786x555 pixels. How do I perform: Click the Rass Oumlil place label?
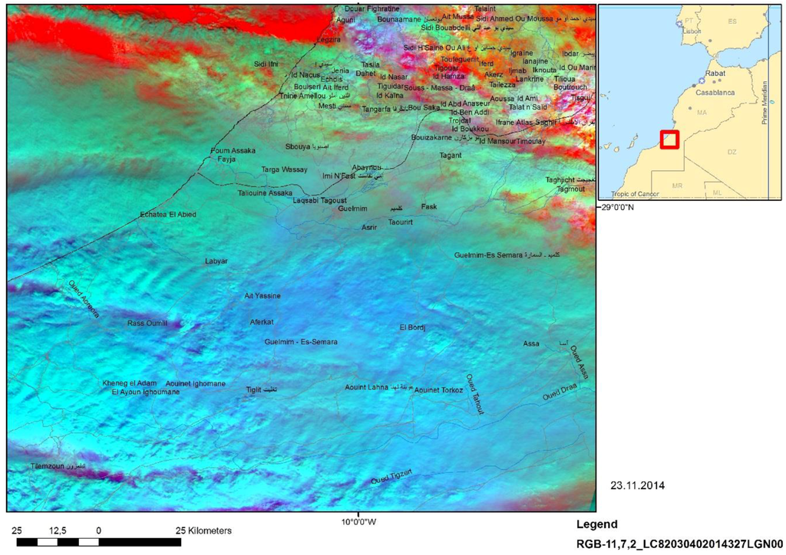pos(147,323)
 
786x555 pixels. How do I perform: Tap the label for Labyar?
pos(216,261)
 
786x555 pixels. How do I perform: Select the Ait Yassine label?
pos(263,296)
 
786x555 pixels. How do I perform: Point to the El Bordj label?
pos(412,327)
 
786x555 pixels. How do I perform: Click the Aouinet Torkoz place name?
pos(439,390)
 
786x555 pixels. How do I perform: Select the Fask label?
pos(428,207)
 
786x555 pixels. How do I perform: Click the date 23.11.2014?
pos(638,485)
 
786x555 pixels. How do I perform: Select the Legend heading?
pos(596,525)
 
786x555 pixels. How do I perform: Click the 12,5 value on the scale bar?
pos(58,530)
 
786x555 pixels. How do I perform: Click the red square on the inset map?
pos(670,140)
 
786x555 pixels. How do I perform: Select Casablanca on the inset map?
pos(715,93)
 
